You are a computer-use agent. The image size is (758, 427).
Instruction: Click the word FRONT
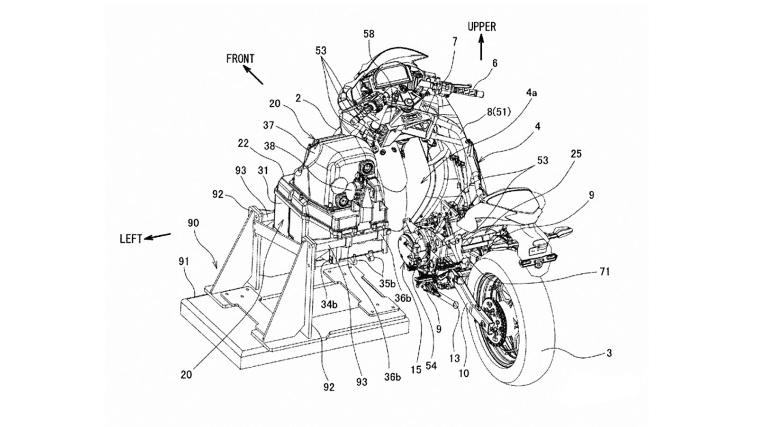pyautogui.click(x=240, y=59)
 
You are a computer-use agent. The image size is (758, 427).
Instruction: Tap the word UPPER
pyautogui.click(x=482, y=27)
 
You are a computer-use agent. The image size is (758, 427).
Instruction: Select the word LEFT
pyautogui.click(x=131, y=239)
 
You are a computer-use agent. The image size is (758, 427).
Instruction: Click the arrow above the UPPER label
pyautogui.click(x=481, y=48)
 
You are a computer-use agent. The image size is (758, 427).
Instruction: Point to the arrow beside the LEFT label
pyautogui.click(x=157, y=236)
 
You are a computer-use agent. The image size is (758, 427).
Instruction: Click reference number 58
pyautogui.click(x=369, y=34)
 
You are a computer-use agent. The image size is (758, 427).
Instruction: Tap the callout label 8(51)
pyautogui.click(x=499, y=112)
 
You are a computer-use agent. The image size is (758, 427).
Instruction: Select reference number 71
pyautogui.click(x=605, y=271)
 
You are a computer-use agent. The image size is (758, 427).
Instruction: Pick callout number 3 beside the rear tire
pyautogui.click(x=609, y=353)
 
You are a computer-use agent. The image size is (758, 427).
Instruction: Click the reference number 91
pyautogui.click(x=184, y=261)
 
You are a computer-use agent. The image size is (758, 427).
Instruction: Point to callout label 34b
pyautogui.click(x=329, y=305)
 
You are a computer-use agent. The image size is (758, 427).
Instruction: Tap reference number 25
pyautogui.click(x=576, y=154)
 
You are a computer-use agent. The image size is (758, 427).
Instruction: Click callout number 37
pyautogui.click(x=269, y=125)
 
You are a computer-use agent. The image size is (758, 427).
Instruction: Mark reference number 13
pyautogui.click(x=455, y=358)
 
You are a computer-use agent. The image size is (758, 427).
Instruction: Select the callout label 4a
pyautogui.click(x=531, y=93)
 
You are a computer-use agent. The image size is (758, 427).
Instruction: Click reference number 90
pyautogui.click(x=193, y=223)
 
